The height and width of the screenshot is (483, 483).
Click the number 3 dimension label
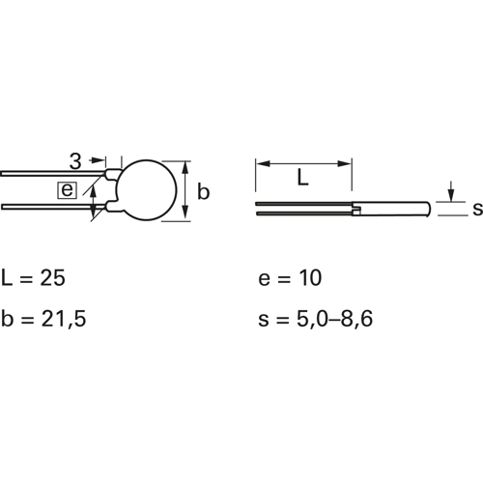(75, 161)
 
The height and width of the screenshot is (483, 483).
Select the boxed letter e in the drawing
(67, 190)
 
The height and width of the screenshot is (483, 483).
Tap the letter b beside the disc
(203, 192)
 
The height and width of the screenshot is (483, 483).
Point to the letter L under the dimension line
(302, 178)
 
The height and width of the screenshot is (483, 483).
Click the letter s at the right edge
(478, 209)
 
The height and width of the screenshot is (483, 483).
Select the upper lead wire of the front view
(52, 174)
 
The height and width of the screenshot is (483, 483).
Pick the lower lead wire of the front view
(53, 207)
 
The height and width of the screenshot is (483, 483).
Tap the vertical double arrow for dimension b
(185, 190)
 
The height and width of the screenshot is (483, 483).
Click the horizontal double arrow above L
(303, 164)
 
